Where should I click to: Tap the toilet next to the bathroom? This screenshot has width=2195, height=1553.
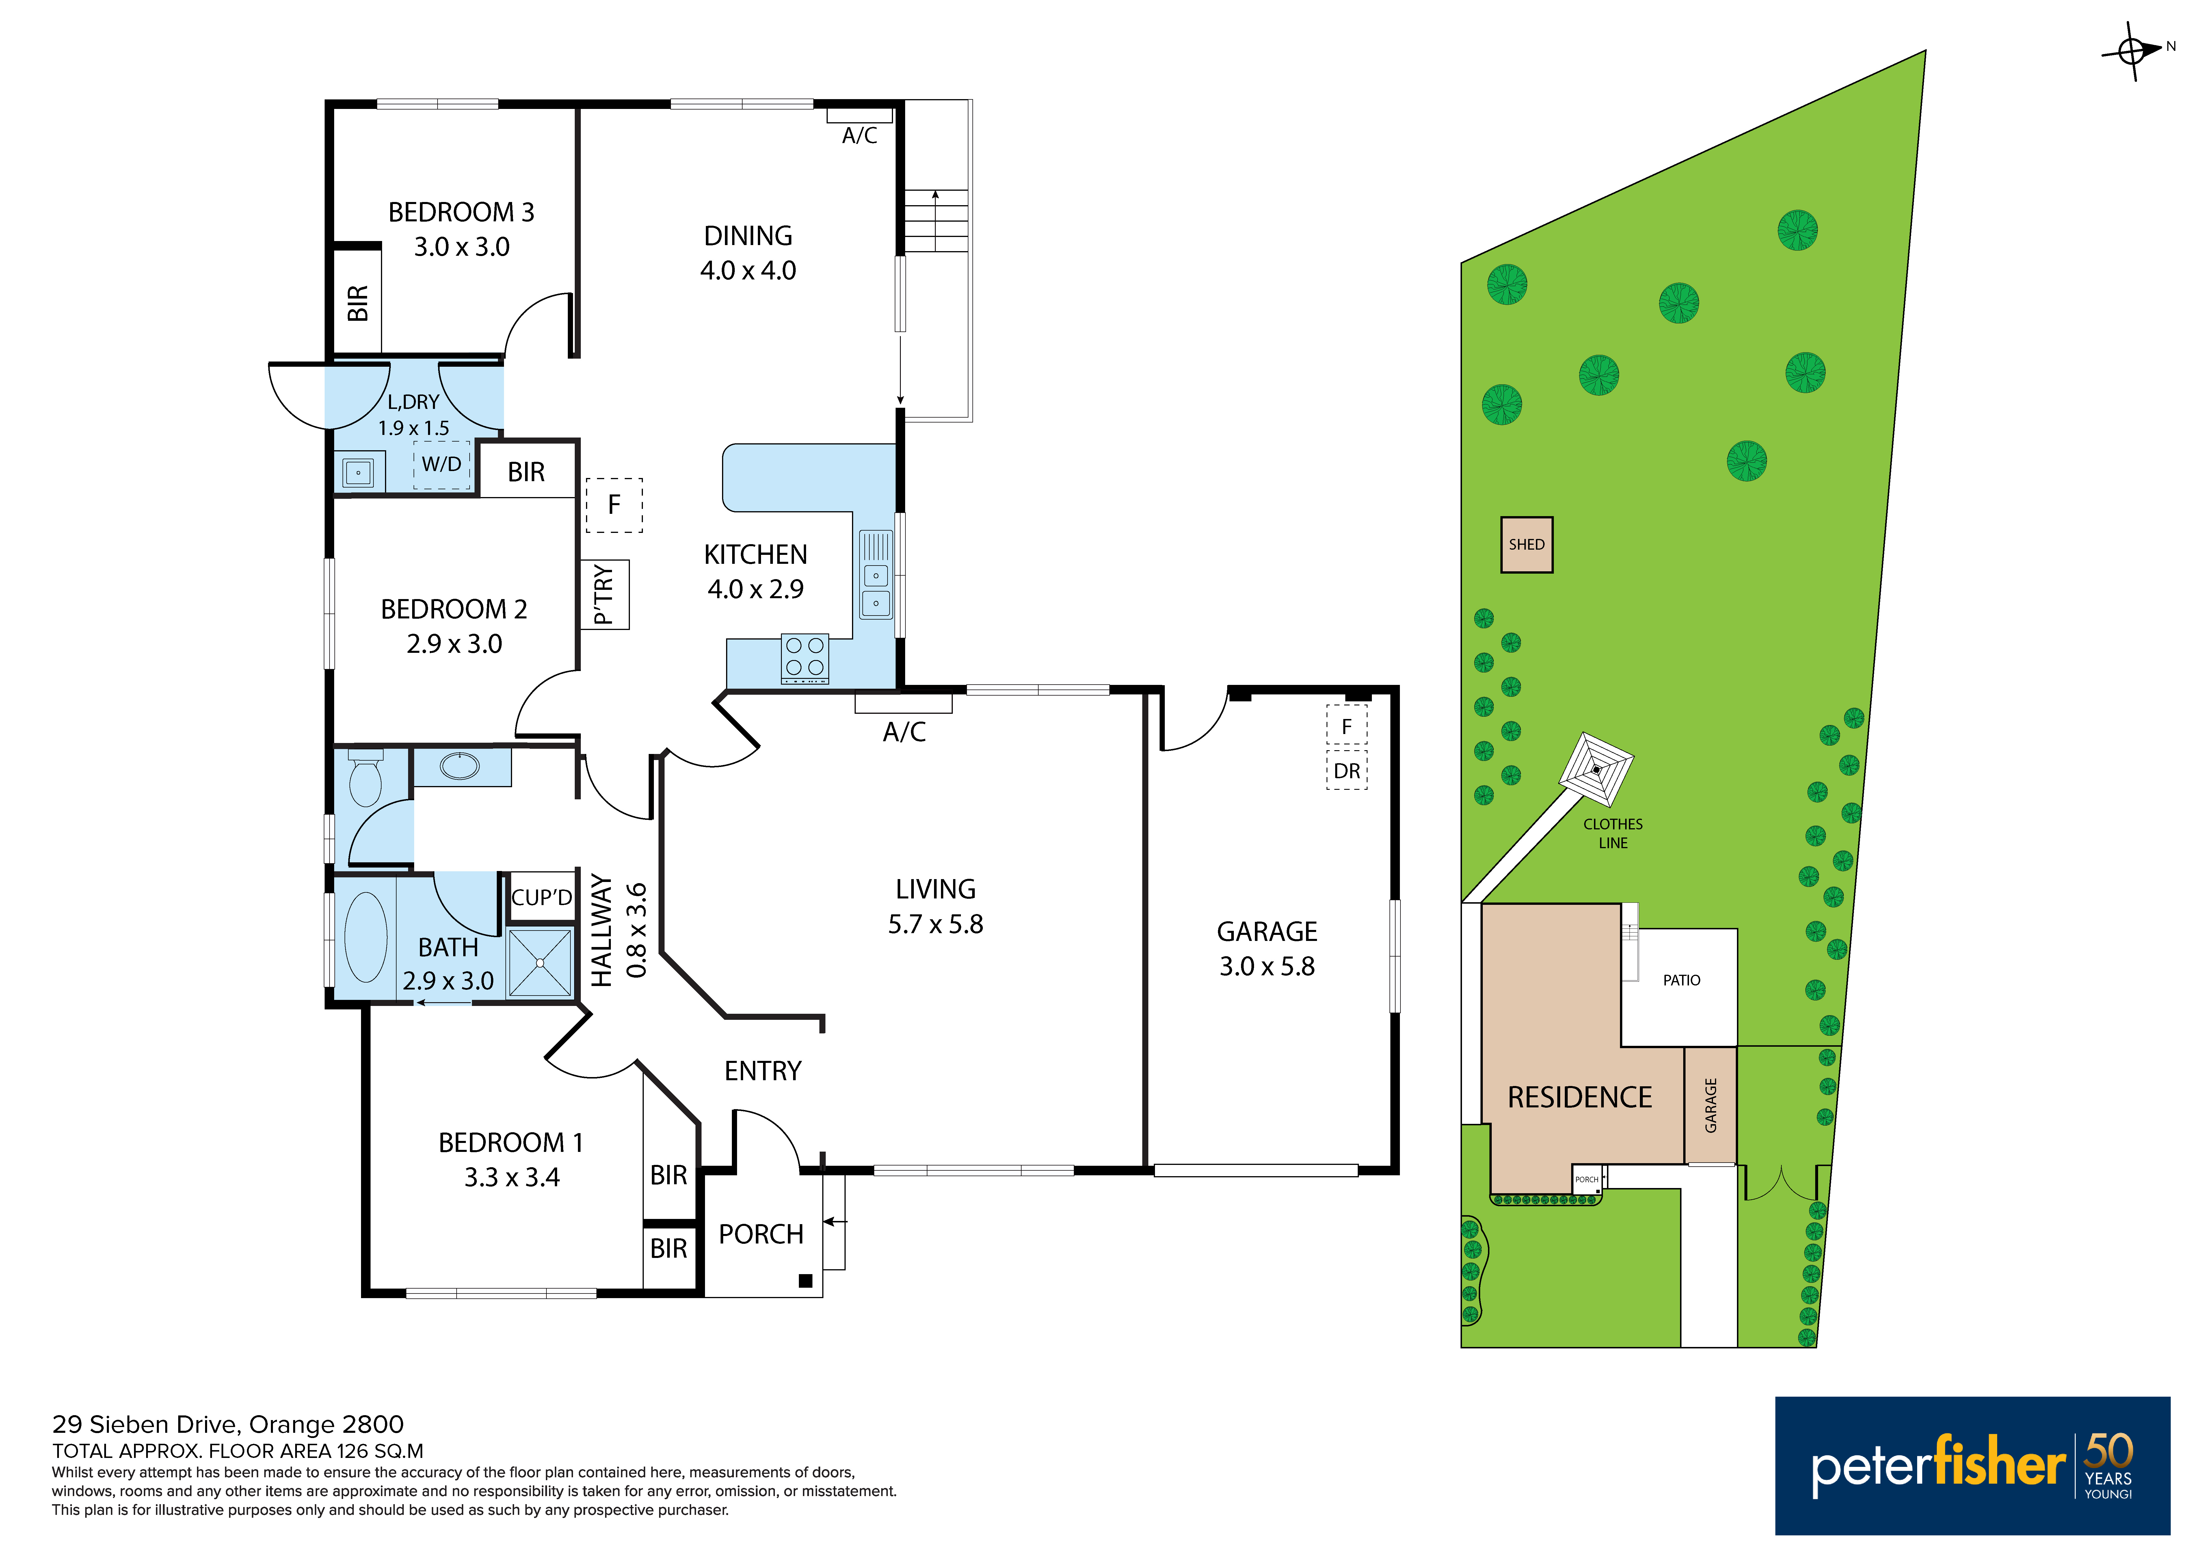pyautogui.click(x=365, y=777)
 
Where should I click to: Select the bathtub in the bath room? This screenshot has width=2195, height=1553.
pyautogui.click(x=366, y=937)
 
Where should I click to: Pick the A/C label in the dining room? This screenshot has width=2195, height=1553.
pyautogui.click(x=860, y=136)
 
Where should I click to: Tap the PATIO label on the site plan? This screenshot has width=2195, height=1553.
pyautogui.click(x=1681, y=980)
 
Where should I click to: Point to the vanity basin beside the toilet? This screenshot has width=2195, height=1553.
pyautogui.click(x=460, y=766)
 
